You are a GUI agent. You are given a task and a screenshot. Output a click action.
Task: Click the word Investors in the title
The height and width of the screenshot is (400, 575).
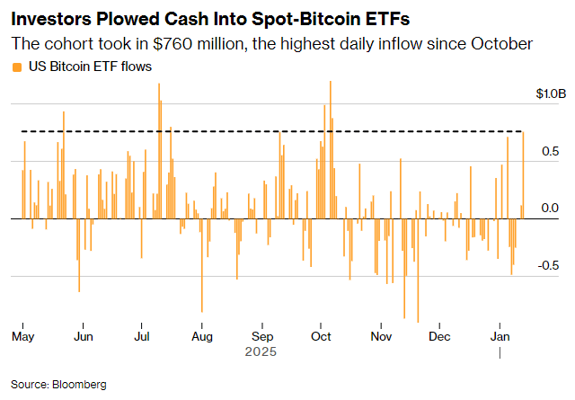point(53,17)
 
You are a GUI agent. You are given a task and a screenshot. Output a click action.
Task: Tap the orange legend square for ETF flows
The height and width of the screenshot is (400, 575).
point(15,67)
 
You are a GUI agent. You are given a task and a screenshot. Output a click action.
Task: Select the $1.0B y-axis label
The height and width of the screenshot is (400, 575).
point(551,93)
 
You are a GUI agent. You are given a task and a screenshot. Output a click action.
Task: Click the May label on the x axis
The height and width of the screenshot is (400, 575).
point(22,337)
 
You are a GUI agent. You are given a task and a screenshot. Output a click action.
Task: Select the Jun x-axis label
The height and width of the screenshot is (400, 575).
point(83,337)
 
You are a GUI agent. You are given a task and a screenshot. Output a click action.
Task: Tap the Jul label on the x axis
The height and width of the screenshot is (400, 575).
point(141,337)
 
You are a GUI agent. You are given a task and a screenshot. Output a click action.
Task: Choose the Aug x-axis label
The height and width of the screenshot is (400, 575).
point(201,337)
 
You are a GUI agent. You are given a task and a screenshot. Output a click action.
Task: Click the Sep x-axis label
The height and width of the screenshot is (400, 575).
point(261,337)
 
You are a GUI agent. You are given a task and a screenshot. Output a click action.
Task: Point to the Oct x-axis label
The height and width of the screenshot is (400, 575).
point(320,337)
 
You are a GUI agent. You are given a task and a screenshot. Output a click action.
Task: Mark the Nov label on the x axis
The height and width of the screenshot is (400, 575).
point(381,337)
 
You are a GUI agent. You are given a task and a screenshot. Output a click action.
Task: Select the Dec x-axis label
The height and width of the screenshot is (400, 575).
point(439,337)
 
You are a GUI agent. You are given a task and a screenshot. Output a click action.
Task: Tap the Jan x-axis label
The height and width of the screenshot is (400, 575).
point(500,337)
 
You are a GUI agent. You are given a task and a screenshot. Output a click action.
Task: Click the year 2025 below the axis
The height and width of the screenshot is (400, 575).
point(261,352)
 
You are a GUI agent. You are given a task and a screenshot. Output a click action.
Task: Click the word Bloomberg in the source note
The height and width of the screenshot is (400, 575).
point(79,384)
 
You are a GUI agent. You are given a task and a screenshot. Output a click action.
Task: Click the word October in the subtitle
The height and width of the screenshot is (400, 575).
point(503,43)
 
